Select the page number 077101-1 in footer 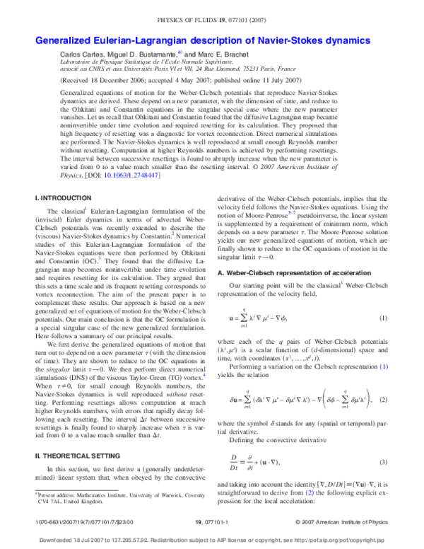[x=211, y=521]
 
